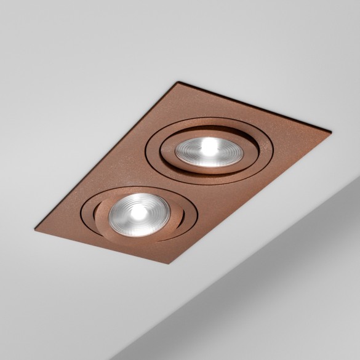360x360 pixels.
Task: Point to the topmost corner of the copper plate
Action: coord(179,82)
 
